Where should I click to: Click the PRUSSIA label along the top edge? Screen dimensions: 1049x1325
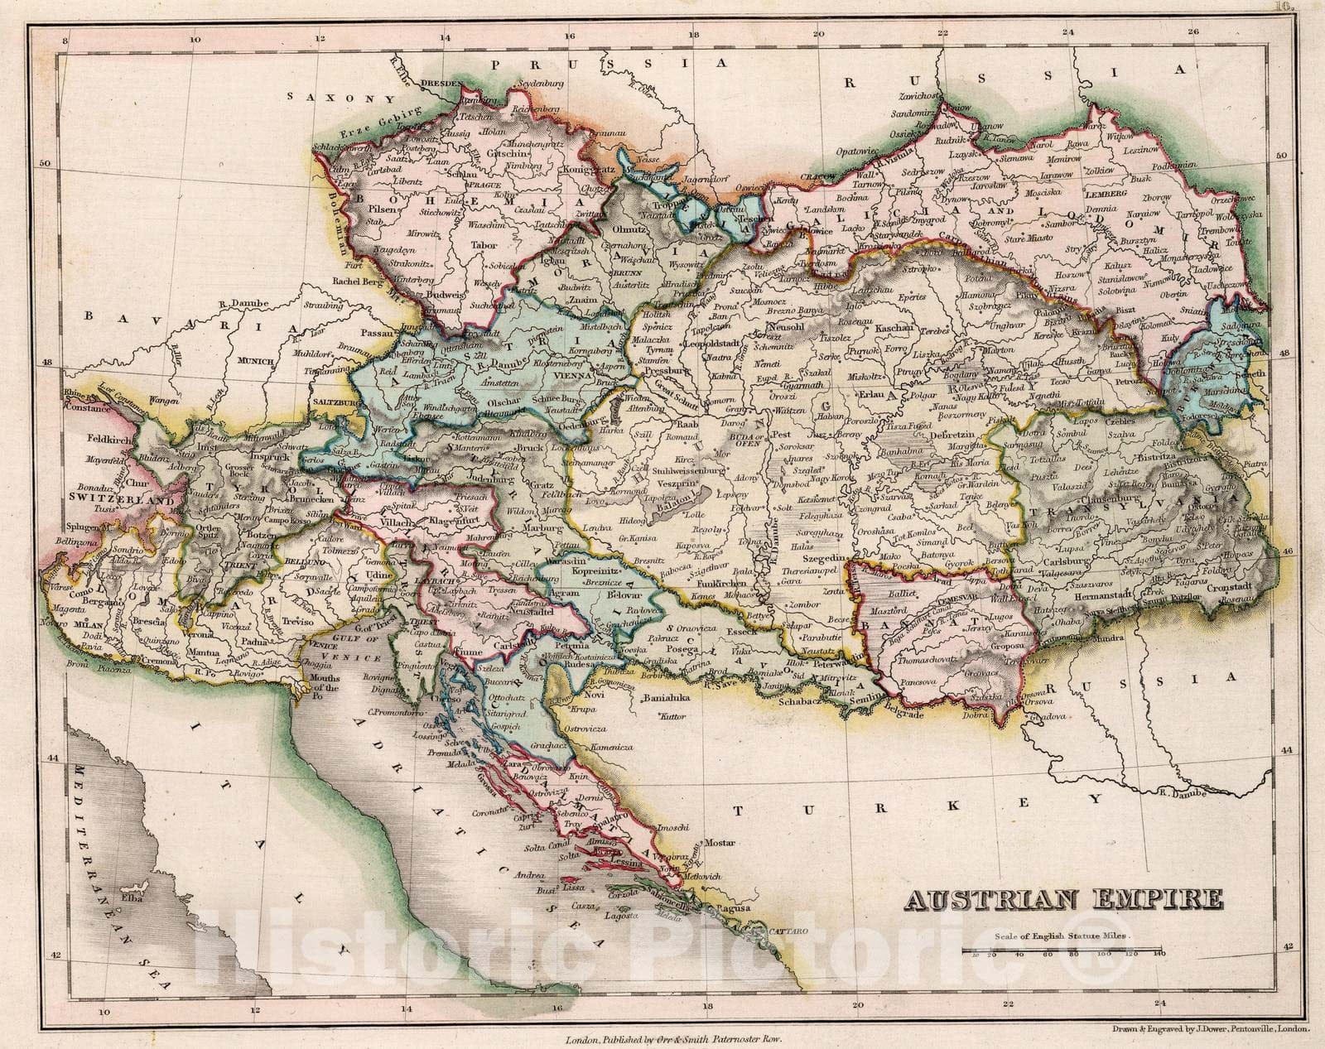619,64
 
